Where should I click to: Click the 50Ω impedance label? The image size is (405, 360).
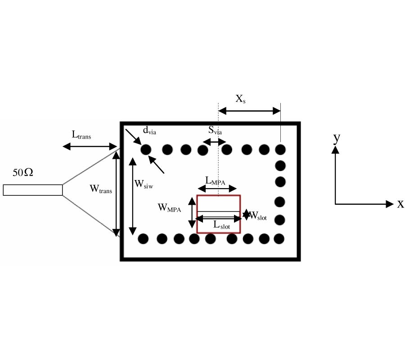[23, 172]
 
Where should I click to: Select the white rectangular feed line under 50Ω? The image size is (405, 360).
[32, 190]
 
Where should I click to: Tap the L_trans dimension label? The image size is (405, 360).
[81, 135]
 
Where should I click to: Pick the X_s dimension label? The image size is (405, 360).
[241, 98]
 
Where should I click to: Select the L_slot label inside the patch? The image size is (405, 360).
[221, 226]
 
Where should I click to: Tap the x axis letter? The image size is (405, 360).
[400, 204]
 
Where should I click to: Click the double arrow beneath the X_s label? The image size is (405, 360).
[249, 111]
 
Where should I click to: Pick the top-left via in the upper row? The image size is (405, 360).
[146, 149]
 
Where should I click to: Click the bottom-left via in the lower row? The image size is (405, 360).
[144, 238]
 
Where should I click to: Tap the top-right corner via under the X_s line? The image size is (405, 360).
[280, 149]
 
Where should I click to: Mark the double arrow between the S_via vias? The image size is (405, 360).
[214, 142]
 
